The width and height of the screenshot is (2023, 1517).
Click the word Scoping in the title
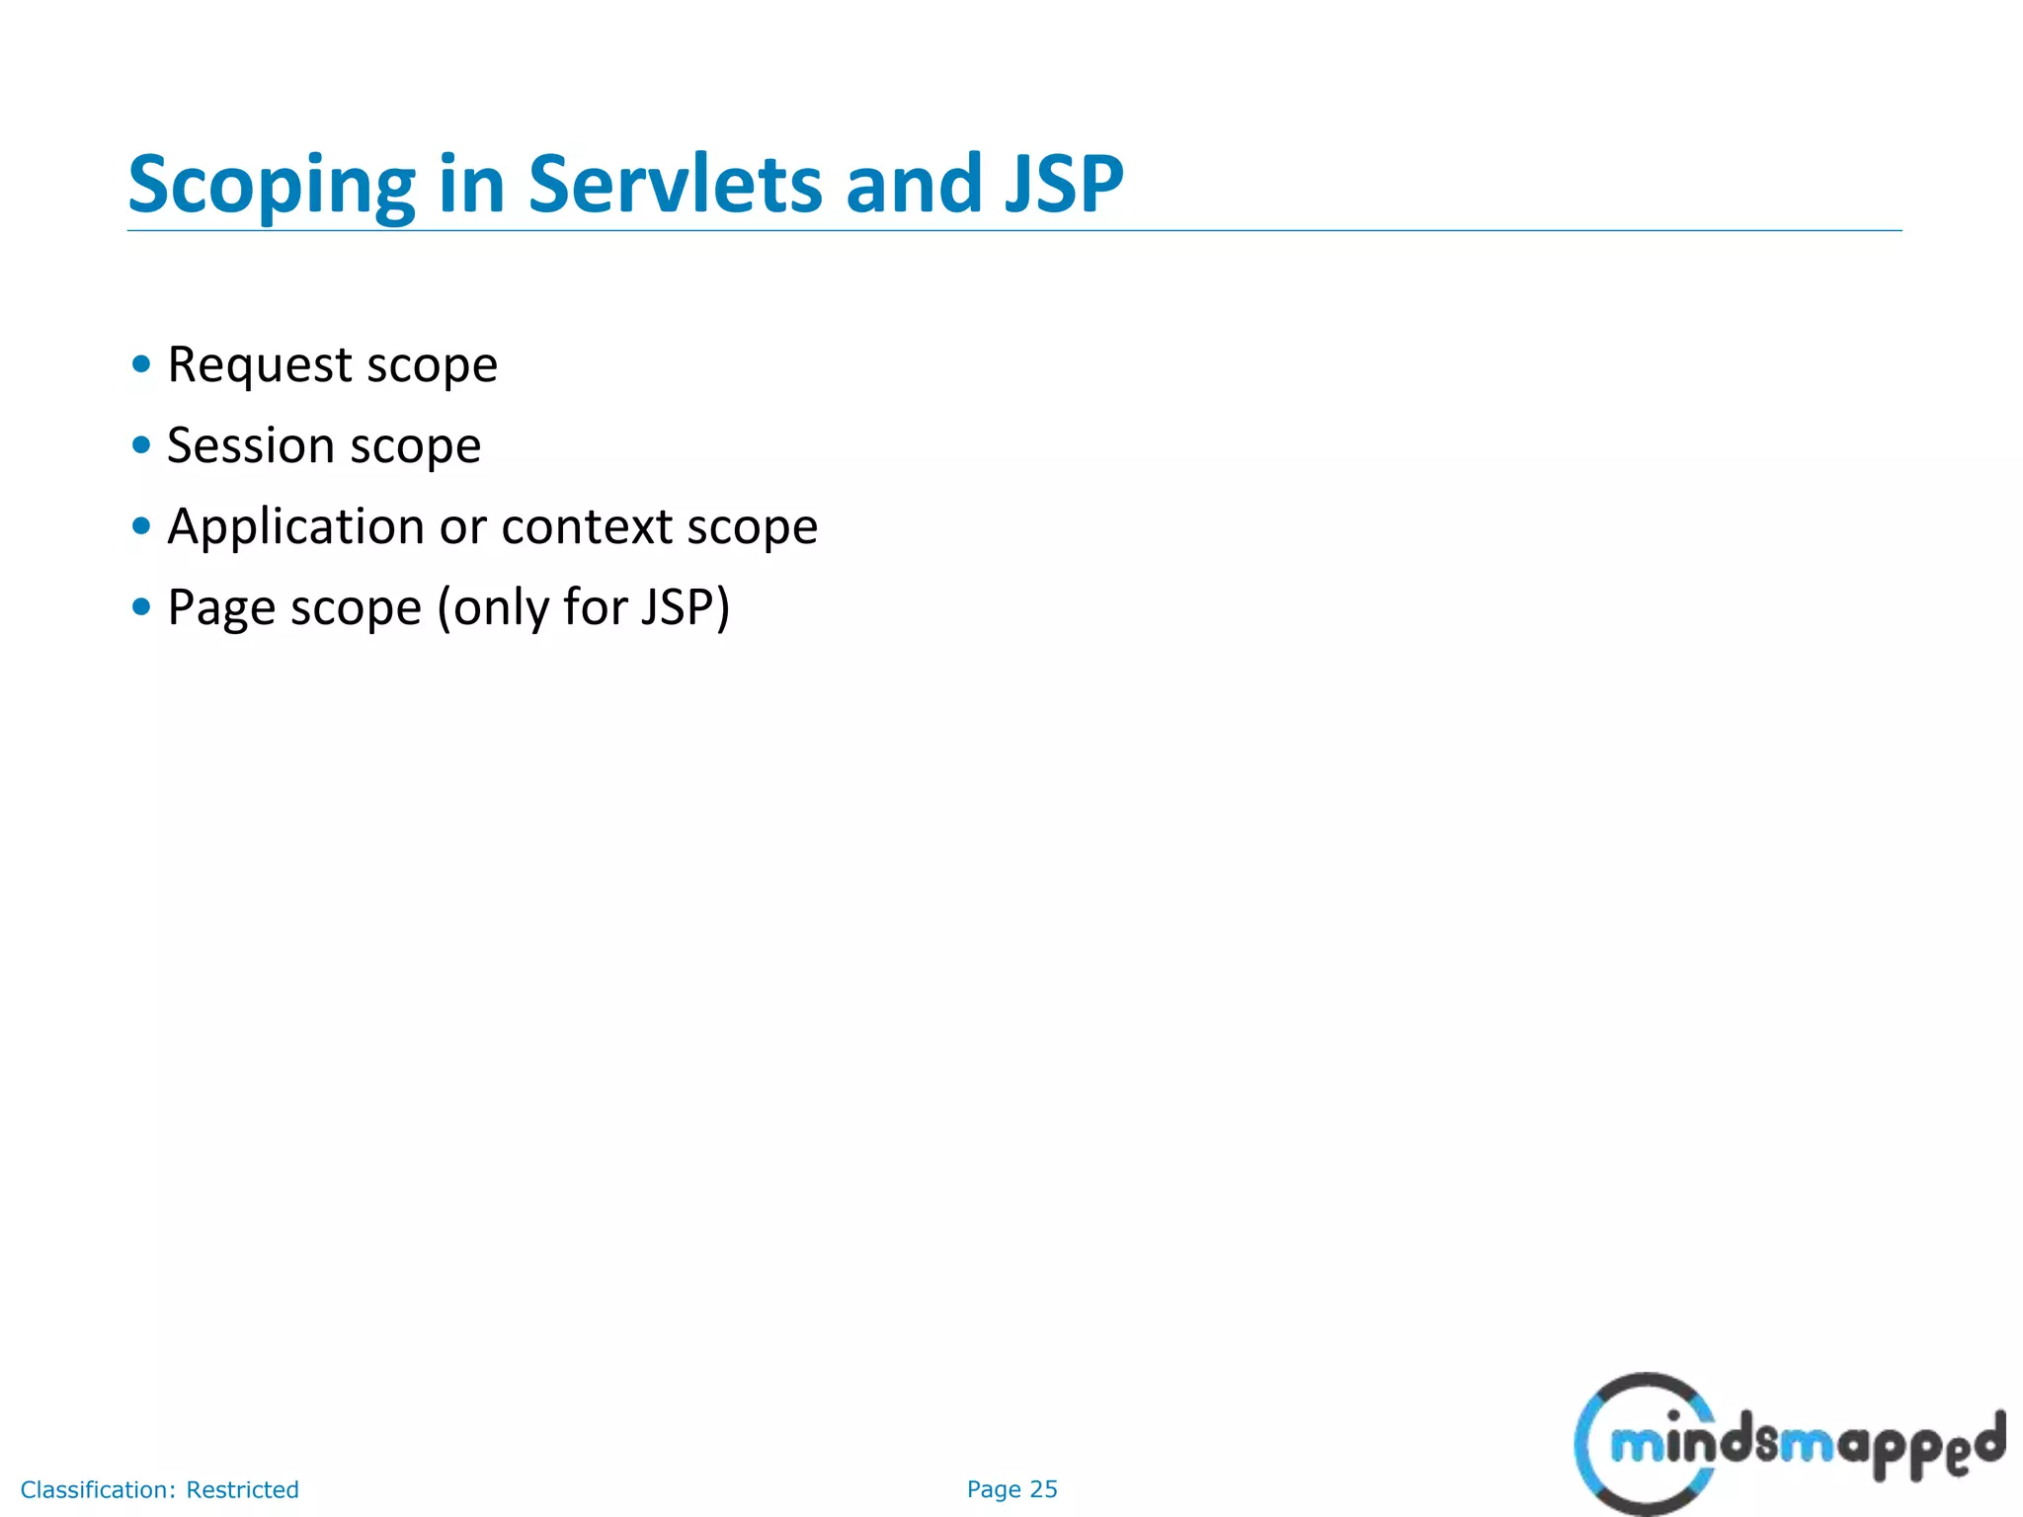[272, 186]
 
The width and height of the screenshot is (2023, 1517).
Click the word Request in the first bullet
[260, 365]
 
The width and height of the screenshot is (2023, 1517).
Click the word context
[587, 526]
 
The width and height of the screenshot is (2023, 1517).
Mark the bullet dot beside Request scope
[141, 364]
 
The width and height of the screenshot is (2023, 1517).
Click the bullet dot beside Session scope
[141, 445]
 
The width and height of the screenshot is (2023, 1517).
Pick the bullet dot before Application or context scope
[141, 526]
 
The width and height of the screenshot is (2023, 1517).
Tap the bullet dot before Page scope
[141, 607]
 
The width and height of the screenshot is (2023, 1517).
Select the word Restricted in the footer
[242, 1489]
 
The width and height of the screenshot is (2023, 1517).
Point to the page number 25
[1043, 1489]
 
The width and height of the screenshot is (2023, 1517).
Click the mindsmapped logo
[1788, 1443]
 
